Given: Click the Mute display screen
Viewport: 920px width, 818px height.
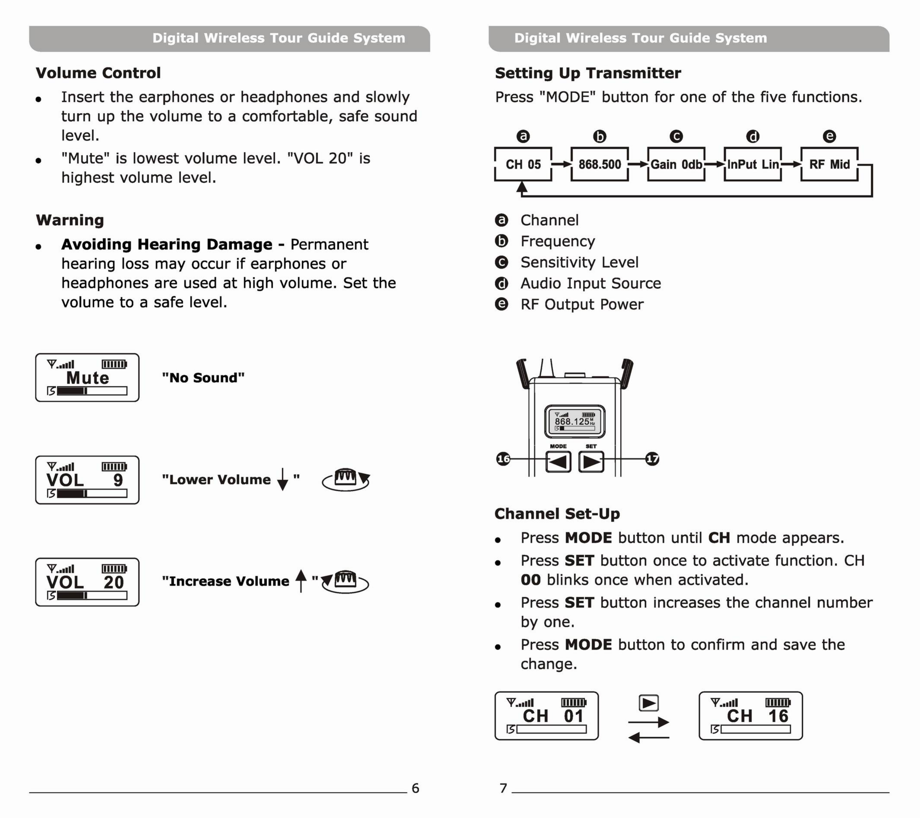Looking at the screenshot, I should pos(87,377).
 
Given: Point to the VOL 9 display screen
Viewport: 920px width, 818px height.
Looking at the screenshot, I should pos(87,480).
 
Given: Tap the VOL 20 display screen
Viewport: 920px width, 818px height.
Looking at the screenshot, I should pos(87,582).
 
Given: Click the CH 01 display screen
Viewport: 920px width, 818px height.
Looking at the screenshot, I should pos(546,716).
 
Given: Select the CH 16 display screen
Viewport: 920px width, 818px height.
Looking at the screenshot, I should pos(750,716).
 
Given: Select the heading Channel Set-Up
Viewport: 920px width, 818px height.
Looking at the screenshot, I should pos(557,513).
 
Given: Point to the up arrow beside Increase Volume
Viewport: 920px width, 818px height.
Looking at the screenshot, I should pos(301,581).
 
